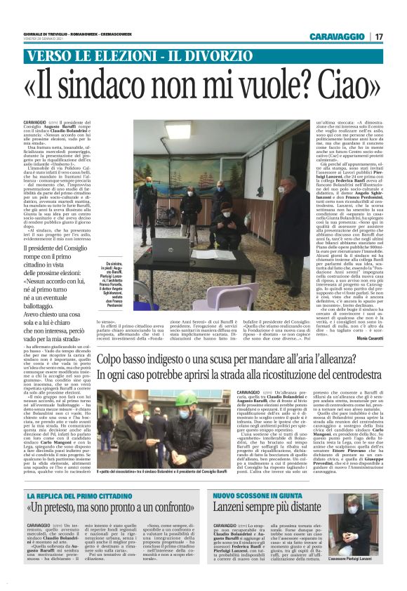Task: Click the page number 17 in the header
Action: (x=379, y=36)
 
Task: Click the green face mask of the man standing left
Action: (x=147, y=184)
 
